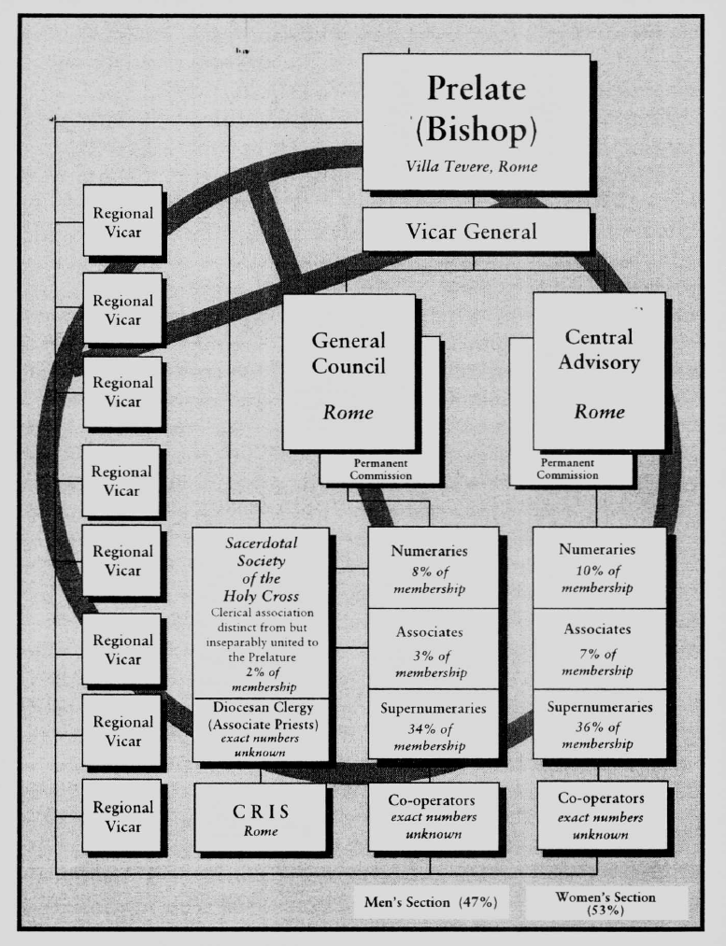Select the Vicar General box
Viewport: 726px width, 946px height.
point(476,230)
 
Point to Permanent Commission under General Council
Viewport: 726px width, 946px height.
point(382,470)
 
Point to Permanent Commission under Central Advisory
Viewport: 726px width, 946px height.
point(569,469)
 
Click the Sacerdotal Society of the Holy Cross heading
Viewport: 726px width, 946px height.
point(261,572)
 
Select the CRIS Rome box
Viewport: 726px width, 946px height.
point(261,817)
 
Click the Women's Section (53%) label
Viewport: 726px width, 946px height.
point(608,903)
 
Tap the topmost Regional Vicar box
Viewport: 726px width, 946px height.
point(121,220)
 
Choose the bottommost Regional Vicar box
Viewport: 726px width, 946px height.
point(121,816)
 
